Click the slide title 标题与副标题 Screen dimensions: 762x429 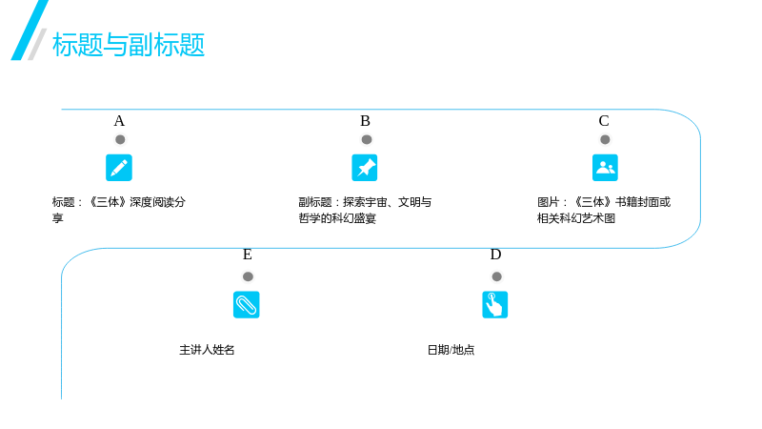(129, 45)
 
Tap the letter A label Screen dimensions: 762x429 (119, 121)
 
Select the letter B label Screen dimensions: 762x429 (365, 121)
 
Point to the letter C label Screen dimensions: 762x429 (604, 121)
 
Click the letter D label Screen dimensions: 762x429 (495, 255)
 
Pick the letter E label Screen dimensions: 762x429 (248, 255)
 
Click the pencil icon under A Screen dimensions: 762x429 (119, 168)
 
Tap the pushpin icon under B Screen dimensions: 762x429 (365, 168)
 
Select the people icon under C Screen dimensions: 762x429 (605, 168)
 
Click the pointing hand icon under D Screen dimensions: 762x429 (494, 304)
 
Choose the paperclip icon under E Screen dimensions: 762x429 (247, 304)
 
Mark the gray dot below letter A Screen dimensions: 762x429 (120, 139)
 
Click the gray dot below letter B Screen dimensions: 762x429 (367, 139)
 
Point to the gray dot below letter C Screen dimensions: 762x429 (605, 139)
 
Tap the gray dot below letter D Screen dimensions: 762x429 (496, 276)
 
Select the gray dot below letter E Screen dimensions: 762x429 (248, 276)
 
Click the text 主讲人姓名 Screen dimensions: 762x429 (207, 350)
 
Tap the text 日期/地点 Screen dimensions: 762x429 (451, 350)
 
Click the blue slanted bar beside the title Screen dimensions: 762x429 (30, 31)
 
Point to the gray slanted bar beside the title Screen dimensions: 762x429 (37, 44)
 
